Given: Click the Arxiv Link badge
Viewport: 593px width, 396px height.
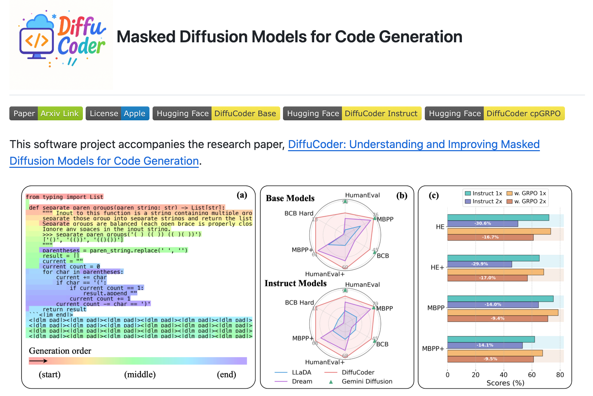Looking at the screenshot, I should coord(60,113).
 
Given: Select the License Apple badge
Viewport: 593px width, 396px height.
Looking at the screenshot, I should coord(117,113).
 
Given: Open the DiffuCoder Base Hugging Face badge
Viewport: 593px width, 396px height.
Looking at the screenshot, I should coord(216,113).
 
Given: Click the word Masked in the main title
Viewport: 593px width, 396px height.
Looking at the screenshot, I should coord(146,37).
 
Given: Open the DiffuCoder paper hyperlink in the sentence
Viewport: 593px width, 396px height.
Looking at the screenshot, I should coord(413,144).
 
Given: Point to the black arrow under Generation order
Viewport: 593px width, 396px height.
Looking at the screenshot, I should coord(38,361).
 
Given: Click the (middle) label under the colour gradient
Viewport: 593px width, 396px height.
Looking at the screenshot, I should coord(140,375).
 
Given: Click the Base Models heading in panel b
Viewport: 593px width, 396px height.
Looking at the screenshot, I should coord(290,198).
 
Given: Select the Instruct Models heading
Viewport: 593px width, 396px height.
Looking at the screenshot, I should coord(295,283).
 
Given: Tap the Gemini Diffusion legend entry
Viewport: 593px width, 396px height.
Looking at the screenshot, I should coord(367,381).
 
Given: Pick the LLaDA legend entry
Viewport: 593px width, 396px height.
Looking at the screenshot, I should coord(301,372).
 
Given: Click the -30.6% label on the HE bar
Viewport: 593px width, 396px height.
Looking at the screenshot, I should coord(482,223).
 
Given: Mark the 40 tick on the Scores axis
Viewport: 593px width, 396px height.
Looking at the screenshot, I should coord(504,375).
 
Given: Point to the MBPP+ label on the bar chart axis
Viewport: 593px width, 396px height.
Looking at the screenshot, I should coord(433,348).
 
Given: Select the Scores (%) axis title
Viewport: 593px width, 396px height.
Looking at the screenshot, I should coord(505,383).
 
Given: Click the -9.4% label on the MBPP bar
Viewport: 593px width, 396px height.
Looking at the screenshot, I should coord(497,318).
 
